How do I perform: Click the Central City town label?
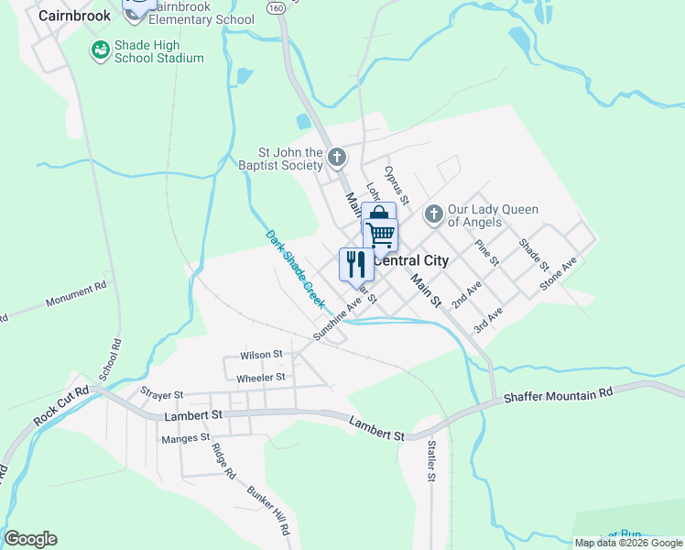[x=412, y=260]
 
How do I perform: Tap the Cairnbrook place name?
[x=74, y=16]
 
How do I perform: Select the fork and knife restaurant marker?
[x=355, y=264]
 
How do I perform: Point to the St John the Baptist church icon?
[x=337, y=158]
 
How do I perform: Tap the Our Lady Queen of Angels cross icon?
[x=434, y=214]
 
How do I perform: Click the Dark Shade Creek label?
[x=296, y=268]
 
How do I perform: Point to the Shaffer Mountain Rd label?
[x=558, y=396]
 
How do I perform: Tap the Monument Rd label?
[x=76, y=295]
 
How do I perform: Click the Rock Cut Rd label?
[x=62, y=404]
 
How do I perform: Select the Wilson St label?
[x=261, y=355]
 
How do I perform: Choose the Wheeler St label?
[x=261, y=377]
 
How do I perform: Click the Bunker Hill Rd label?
[x=268, y=510]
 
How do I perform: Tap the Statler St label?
[x=431, y=460]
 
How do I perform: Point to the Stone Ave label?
[x=559, y=273]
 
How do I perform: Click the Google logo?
[x=30, y=539]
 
